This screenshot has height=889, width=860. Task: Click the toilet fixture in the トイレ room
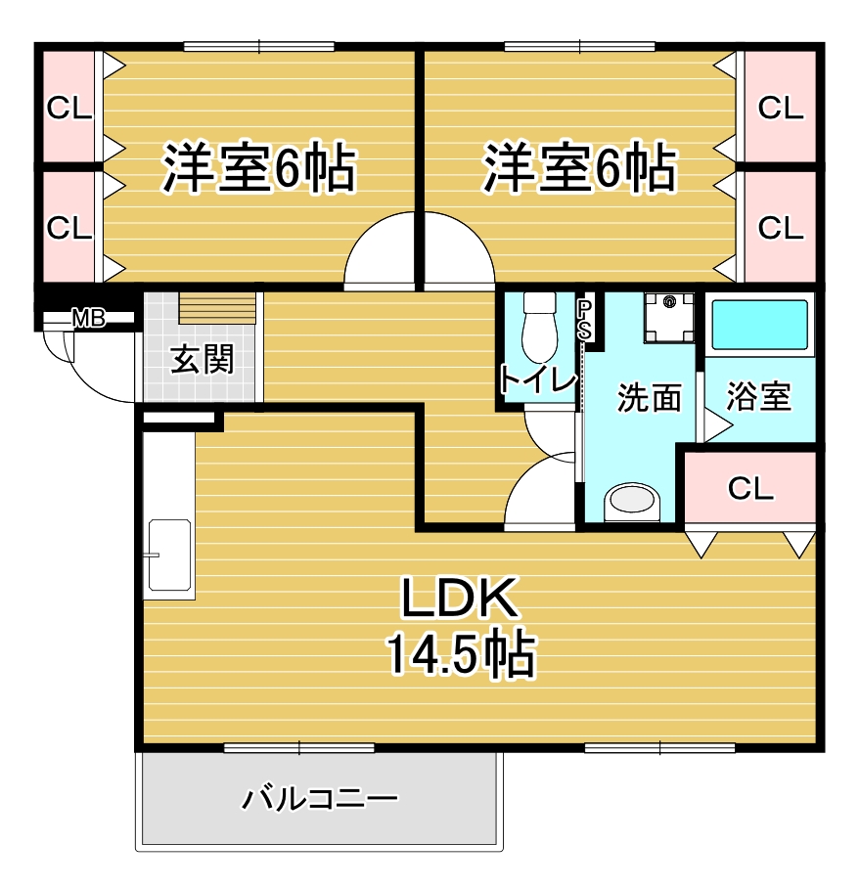click(x=539, y=328)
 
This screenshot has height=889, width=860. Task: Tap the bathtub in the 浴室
click(x=759, y=325)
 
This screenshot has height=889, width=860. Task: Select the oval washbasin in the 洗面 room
click(x=632, y=501)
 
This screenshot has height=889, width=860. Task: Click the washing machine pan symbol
click(x=669, y=317)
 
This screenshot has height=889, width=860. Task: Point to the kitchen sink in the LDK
click(x=169, y=556)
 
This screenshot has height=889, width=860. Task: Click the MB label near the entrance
click(x=88, y=319)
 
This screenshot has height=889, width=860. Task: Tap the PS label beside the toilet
click(x=584, y=320)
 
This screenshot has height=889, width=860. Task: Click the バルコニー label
click(x=321, y=799)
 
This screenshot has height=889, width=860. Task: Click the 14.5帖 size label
click(x=461, y=653)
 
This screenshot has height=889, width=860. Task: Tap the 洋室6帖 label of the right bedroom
click(x=579, y=168)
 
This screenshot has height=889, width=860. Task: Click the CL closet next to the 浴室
click(x=750, y=488)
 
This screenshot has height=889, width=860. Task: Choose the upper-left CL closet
click(x=69, y=108)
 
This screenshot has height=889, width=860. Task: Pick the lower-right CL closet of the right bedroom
click(x=780, y=226)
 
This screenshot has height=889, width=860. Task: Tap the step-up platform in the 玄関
click(x=217, y=308)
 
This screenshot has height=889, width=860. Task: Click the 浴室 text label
click(x=758, y=397)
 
